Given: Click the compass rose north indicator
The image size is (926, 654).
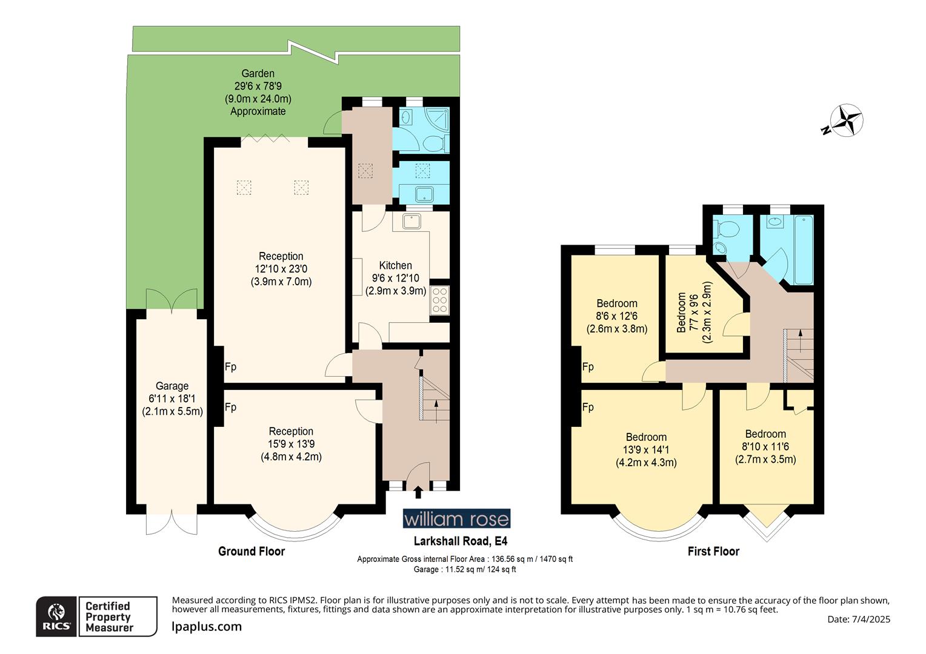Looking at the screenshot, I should click(846, 120).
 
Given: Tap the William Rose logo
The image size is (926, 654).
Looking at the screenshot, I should click(456, 519).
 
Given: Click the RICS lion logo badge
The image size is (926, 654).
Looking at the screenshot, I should click(57, 616).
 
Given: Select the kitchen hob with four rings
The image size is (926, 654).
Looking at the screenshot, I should click(439, 300).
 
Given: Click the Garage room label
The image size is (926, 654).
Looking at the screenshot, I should click(172, 398).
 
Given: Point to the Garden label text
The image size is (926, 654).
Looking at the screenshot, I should click(258, 92).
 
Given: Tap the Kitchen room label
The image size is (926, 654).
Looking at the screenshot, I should click(395, 278).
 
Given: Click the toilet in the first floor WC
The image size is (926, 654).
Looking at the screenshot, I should click(728, 230).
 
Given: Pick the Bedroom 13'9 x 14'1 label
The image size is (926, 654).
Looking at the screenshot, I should click(646, 450).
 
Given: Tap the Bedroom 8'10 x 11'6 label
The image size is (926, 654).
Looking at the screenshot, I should click(765, 447).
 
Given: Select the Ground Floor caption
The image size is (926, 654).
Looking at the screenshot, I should click(251, 551).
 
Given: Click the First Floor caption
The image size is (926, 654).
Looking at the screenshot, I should click(713, 551).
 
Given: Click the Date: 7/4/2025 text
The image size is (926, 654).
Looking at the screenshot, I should click(858, 619).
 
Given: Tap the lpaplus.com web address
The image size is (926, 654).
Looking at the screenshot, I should click(207, 627).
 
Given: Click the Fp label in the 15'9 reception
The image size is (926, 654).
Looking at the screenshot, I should click(230, 408).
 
